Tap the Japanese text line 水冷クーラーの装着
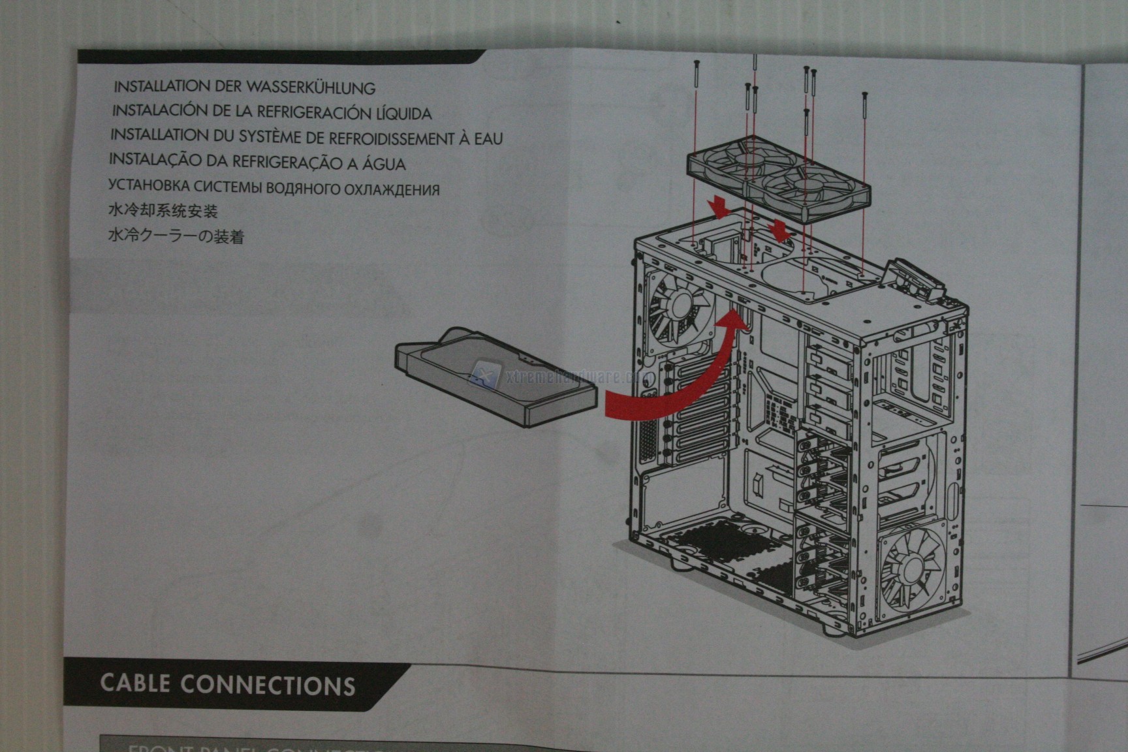(x=176, y=235)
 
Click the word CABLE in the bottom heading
(x=136, y=683)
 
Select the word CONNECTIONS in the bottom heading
(x=268, y=685)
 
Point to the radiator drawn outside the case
(x=496, y=379)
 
